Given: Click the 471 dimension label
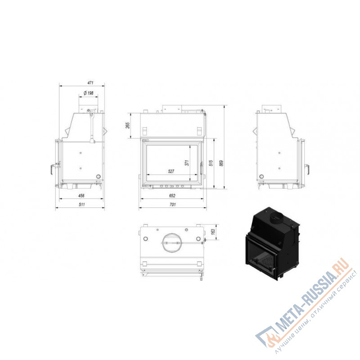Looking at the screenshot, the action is click(x=90, y=83).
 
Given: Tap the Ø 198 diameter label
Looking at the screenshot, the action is click(x=88, y=93).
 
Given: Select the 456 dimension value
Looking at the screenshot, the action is click(x=81, y=196).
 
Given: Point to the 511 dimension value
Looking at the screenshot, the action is click(x=82, y=204).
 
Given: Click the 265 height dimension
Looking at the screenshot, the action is click(x=128, y=126).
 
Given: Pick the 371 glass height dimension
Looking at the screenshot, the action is click(x=187, y=163).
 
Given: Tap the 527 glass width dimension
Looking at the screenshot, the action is click(x=171, y=171).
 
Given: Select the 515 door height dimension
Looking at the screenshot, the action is click(x=211, y=163).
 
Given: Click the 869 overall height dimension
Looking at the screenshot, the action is click(x=221, y=163).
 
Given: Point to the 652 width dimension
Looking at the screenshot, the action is click(x=172, y=196).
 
